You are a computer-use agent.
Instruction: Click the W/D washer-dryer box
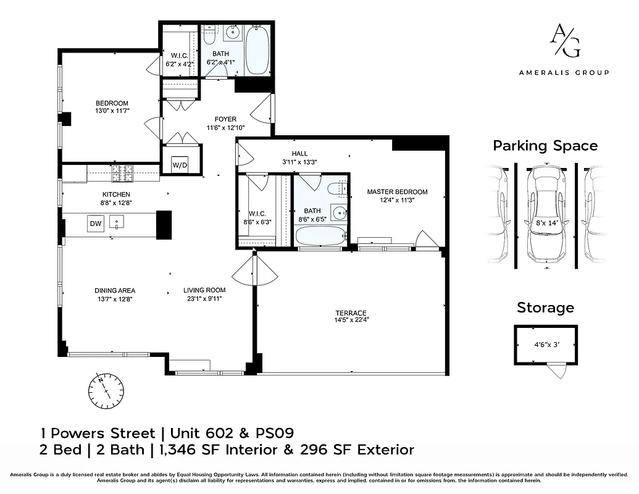coord(180,165)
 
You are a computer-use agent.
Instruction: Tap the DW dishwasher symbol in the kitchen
coord(95,224)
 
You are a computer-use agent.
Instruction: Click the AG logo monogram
coord(564,41)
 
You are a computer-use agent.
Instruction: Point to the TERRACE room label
coord(351,313)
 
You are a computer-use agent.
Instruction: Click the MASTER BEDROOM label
coord(397,192)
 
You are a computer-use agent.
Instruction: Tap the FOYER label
coord(225,119)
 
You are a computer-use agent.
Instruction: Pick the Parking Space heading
coord(545,146)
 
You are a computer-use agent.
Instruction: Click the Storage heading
coord(545,308)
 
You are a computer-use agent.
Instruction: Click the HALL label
coord(299,154)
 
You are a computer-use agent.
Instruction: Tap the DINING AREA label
coord(115,291)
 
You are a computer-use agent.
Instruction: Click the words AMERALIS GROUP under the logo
coord(564,72)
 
